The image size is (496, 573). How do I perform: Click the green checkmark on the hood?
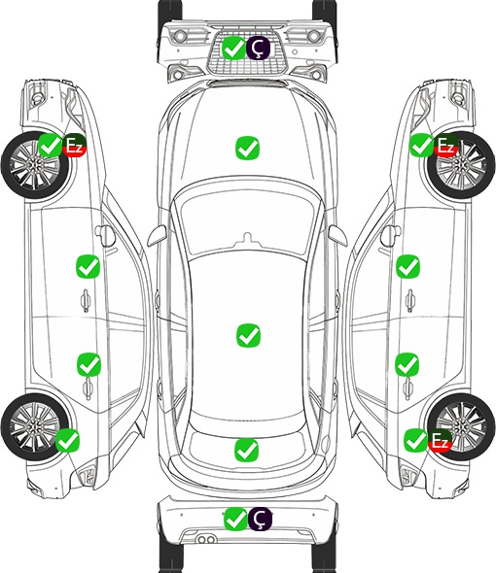247,148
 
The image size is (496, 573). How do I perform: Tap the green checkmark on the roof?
249,335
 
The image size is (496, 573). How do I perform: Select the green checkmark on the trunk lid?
246,450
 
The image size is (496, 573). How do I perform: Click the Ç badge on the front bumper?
258,48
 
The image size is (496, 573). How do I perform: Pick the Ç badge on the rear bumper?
260,519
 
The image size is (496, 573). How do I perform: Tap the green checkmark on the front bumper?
233,48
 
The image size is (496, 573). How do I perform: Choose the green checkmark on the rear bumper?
235,519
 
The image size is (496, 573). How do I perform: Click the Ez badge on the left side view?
74,145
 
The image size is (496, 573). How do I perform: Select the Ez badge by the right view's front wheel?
445,146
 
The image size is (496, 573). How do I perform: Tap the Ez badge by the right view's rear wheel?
440,440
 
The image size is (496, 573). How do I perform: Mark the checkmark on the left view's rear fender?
67,440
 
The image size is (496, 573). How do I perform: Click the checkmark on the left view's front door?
88,267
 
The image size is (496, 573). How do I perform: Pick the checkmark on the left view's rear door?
89,364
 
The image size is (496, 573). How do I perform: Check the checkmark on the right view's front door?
407,266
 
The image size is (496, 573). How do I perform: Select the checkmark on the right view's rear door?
407,364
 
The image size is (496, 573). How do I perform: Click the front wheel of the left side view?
35,165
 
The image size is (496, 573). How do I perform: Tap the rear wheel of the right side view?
461,426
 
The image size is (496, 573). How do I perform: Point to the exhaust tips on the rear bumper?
206,540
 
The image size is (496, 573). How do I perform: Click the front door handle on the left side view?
86,300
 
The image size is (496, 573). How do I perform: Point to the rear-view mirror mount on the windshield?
248,239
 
